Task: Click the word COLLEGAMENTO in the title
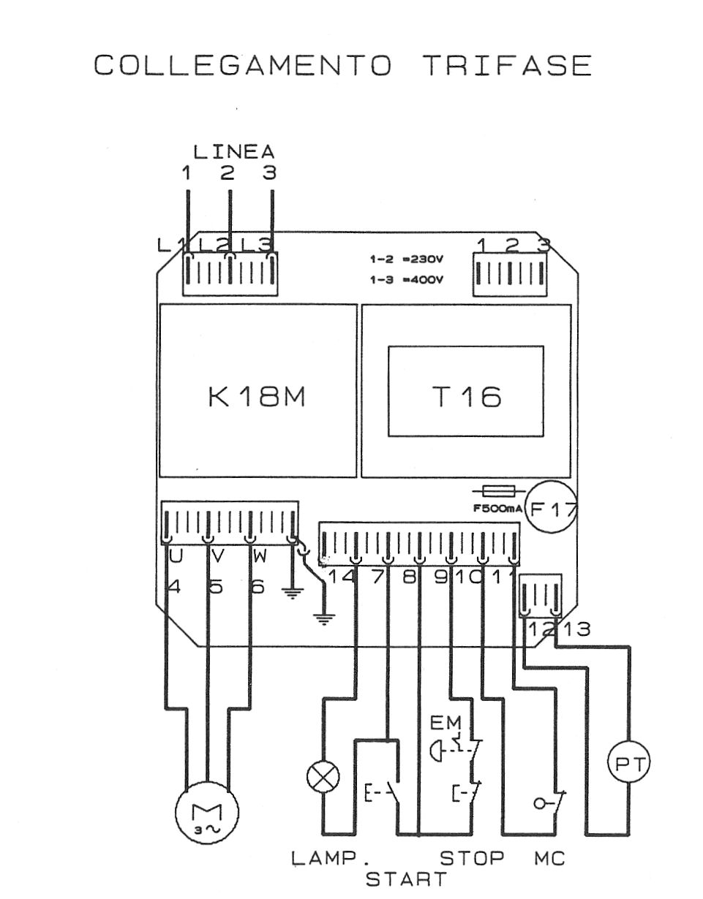(243, 66)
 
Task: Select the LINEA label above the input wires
(233, 152)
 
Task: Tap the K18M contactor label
(257, 397)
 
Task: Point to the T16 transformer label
(466, 397)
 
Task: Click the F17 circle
(553, 509)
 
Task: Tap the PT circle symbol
(629, 765)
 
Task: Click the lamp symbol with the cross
(323, 777)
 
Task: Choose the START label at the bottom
(406, 879)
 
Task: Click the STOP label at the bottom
(473, 858)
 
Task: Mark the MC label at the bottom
(549, 858)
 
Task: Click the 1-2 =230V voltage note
(407, 259)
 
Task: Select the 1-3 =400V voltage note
(407, 280)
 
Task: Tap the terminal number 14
(340, 577)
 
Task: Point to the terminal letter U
(176, 557)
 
